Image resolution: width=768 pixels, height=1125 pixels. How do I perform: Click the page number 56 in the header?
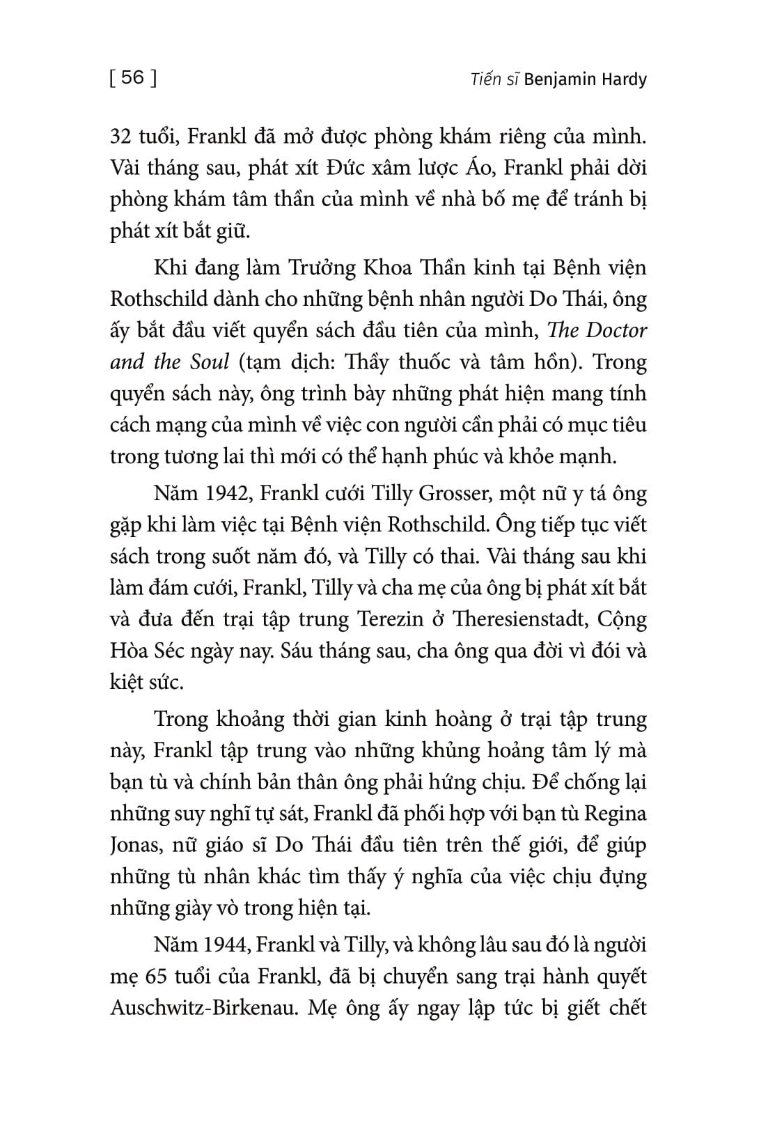point(132,77)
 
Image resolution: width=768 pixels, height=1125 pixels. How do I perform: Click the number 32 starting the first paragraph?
point(121,136)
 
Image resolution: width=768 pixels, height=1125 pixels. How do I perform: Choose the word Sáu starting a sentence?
point(292,651)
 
